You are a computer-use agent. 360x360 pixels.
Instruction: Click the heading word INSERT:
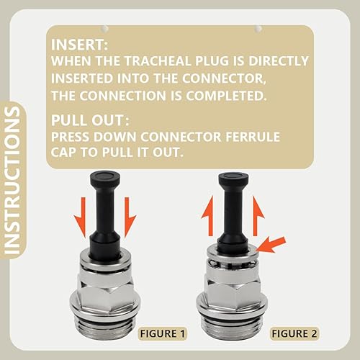[79, 45]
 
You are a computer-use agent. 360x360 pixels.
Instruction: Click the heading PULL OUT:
[90, 120]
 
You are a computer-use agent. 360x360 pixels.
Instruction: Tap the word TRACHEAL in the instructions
[158, 61]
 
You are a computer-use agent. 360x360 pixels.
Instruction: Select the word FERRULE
[253, 137]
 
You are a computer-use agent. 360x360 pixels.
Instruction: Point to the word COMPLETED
[226, 96]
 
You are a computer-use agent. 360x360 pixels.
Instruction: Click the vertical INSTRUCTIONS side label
[12, 180]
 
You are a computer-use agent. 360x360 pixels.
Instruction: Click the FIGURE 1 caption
[163, 333]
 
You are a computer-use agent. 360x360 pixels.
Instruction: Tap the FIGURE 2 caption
[294, 333]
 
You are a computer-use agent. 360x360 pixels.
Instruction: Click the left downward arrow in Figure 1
[81, 218]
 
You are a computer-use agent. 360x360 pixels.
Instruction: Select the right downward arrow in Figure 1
[130, 218]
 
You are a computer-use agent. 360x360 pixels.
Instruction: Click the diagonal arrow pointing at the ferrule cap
[271, 245]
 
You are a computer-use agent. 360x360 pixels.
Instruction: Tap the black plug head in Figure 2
[234, 179]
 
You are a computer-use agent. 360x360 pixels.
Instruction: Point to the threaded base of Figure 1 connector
[106, 330]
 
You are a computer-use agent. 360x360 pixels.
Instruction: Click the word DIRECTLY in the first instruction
[279, 61]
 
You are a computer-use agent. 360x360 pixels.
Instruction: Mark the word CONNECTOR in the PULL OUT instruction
[181, 137]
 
